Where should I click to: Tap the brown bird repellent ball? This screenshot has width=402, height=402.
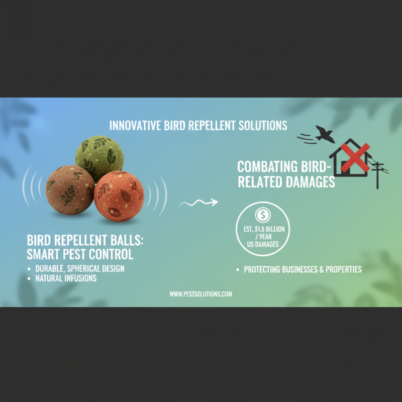(x=69, y=190)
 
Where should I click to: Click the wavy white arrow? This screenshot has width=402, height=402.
(x=199, y=203)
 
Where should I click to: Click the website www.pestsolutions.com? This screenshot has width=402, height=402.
(x=200, y=294)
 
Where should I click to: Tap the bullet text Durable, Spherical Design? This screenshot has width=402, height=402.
(x=79, y=268)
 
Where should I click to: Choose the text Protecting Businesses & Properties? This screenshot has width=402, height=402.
(x=303, y=269)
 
